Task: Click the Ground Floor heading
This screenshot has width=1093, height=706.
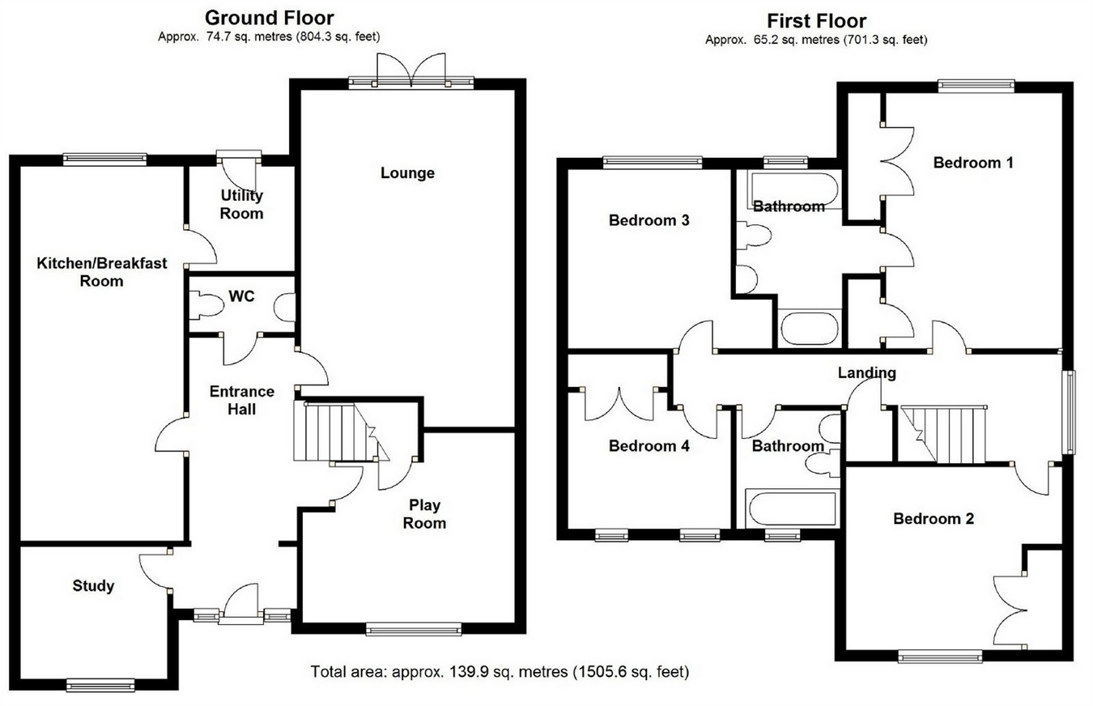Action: click(269, 17)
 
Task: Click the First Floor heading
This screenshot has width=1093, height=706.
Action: click(816, 20)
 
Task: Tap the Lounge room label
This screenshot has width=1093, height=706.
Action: click(407, 172)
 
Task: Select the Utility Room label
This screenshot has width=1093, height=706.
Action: click(242, 204)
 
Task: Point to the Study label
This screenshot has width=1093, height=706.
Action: click(93, 585)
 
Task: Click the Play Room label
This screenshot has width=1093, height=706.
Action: click(425, 514)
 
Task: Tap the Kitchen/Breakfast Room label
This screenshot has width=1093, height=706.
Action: click(102, 272)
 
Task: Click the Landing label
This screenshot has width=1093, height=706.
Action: click(866, 372)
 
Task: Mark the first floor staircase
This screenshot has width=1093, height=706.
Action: click(947, 435)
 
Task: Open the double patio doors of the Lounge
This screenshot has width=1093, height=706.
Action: click(411, 71)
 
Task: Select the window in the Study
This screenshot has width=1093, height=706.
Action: click(101, 686)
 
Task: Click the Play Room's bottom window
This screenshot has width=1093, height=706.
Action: click(414, 628)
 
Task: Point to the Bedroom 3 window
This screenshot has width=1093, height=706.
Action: click(652, 162)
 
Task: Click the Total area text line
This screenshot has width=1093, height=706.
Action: click(500, 671)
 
